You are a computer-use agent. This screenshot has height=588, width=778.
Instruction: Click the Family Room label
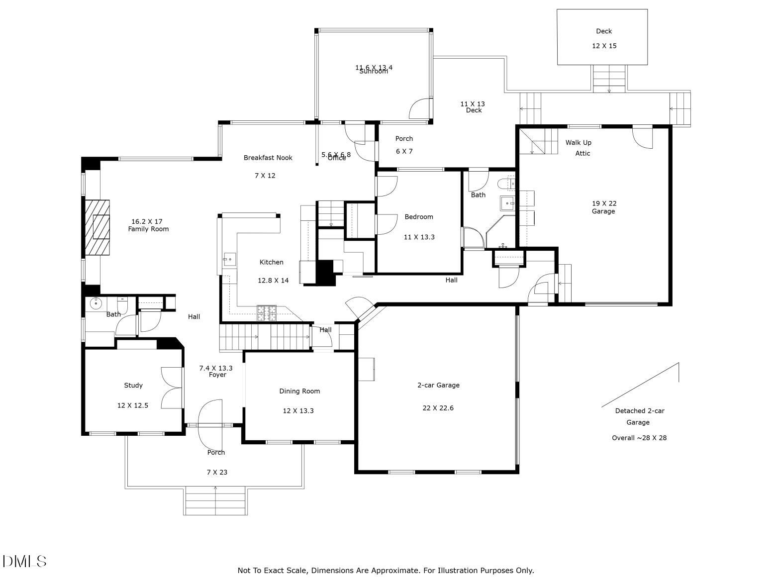pyautogui.click(x=148, y=229)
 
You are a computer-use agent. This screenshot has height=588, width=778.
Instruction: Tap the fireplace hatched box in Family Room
pyautogui.click(x=97, y=227)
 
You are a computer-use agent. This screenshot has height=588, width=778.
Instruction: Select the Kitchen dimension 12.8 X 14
pyautogui.click(x=273, y=281)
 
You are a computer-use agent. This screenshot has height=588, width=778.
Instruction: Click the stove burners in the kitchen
pyautogui.click(x=266, y=313)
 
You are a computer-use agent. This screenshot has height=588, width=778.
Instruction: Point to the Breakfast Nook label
pyautogui.click(x=268, y=158)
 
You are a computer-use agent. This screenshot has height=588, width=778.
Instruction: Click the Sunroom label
pyautogui.click(x=374, y=72)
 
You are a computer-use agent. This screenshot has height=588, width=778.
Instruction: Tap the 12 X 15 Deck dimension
pyautogui.click(x=604, y=46)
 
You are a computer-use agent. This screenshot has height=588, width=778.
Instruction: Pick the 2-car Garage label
pyautogui.click(x=438, y=385)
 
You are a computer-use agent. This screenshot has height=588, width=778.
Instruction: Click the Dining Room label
pyautogui.click(x=299, y=391)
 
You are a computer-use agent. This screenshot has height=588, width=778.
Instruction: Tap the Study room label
pyautogui.click(x=133, y=386)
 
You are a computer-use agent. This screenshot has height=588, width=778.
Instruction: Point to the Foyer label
pyautogui.click(x=217, y=375)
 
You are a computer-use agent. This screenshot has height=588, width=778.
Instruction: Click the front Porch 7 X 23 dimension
pyautogui.click(x=217, y=472)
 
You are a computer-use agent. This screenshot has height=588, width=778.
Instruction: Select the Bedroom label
pyautogui.click(x=418, y=217)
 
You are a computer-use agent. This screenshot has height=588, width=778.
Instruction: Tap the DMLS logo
pyautogui.click(x=24, y=562)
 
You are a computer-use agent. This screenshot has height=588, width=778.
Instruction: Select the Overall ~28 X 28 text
pyautogui.click(x=639, y=438)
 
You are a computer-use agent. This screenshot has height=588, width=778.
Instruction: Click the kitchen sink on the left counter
pyautogui.click(x=229, y=259)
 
